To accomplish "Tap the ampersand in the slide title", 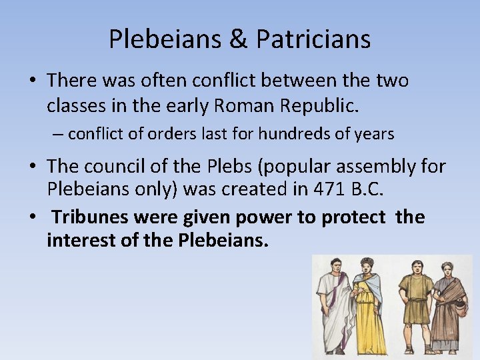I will [237, 39].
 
